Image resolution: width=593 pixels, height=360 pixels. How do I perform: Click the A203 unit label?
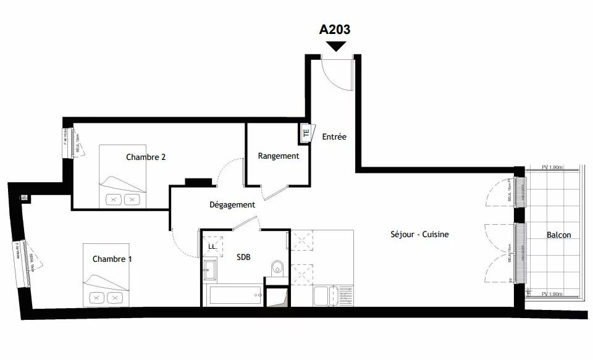point(335,29)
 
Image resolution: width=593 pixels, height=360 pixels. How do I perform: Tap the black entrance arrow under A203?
point(336,46)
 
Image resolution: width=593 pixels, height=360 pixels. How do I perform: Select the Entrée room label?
point(334,136)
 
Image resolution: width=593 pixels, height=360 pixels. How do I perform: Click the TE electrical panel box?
point(305,132)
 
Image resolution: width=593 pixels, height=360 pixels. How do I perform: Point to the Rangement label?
point(278,156)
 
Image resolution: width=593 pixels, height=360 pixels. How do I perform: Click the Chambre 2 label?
point(146,157)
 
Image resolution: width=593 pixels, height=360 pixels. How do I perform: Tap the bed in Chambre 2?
point(123,177)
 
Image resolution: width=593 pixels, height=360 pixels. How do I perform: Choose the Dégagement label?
point(232,204)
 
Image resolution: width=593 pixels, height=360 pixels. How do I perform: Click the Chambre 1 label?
point(112,259)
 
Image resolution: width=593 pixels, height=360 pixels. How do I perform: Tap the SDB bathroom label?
point(244,257)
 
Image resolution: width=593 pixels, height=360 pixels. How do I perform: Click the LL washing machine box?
point(212,246)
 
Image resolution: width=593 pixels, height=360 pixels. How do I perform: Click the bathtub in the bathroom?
point(235,295)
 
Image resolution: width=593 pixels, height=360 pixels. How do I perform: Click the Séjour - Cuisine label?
point(419,235)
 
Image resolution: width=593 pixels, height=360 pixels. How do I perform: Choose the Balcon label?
point(558,235)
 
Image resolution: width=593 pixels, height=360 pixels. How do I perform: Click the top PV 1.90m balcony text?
point(553,167)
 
